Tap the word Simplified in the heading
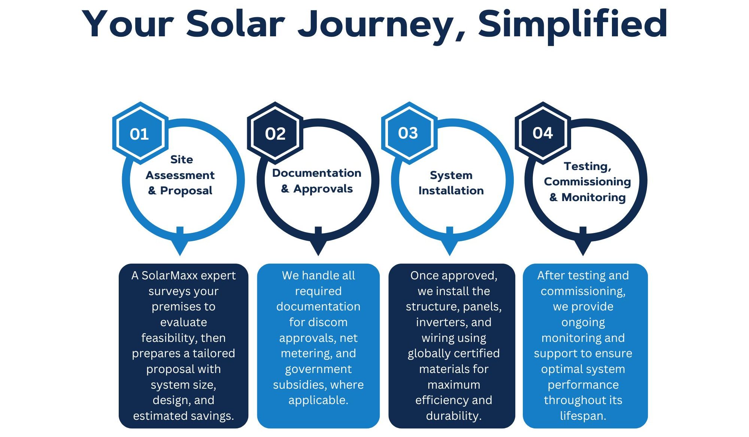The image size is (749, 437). click(573, 23)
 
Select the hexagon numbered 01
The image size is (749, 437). click(140, 133)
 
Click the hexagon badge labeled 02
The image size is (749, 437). click(275, 133)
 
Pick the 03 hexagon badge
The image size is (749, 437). click(409, 133)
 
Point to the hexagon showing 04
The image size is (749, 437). click(543, 133)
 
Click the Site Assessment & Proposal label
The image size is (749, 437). click(180, 175)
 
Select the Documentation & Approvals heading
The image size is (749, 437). click(317, 180)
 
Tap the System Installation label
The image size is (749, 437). click(451, 183)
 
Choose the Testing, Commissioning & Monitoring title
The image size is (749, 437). click(587, 182)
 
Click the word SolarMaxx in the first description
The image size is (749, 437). click(169, 276)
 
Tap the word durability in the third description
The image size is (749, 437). click(453, 416)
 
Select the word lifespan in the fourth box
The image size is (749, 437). click(582, 416)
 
